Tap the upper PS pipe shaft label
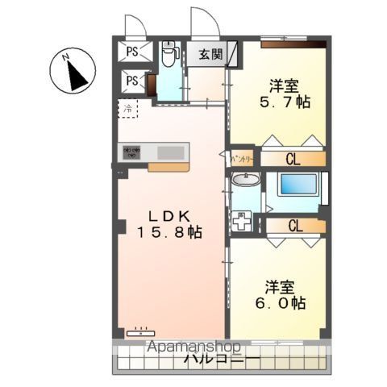[131, 53]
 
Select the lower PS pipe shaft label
[131, 81]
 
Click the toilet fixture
[168, 56]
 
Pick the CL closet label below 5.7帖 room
[293, 160]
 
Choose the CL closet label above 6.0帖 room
[295, 226]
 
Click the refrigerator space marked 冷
[127, 107]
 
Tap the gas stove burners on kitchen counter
[132, 151]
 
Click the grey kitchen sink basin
[169, 152]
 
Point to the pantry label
[242, 159]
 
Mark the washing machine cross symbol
[243, 220]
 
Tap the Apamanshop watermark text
[194, 347]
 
